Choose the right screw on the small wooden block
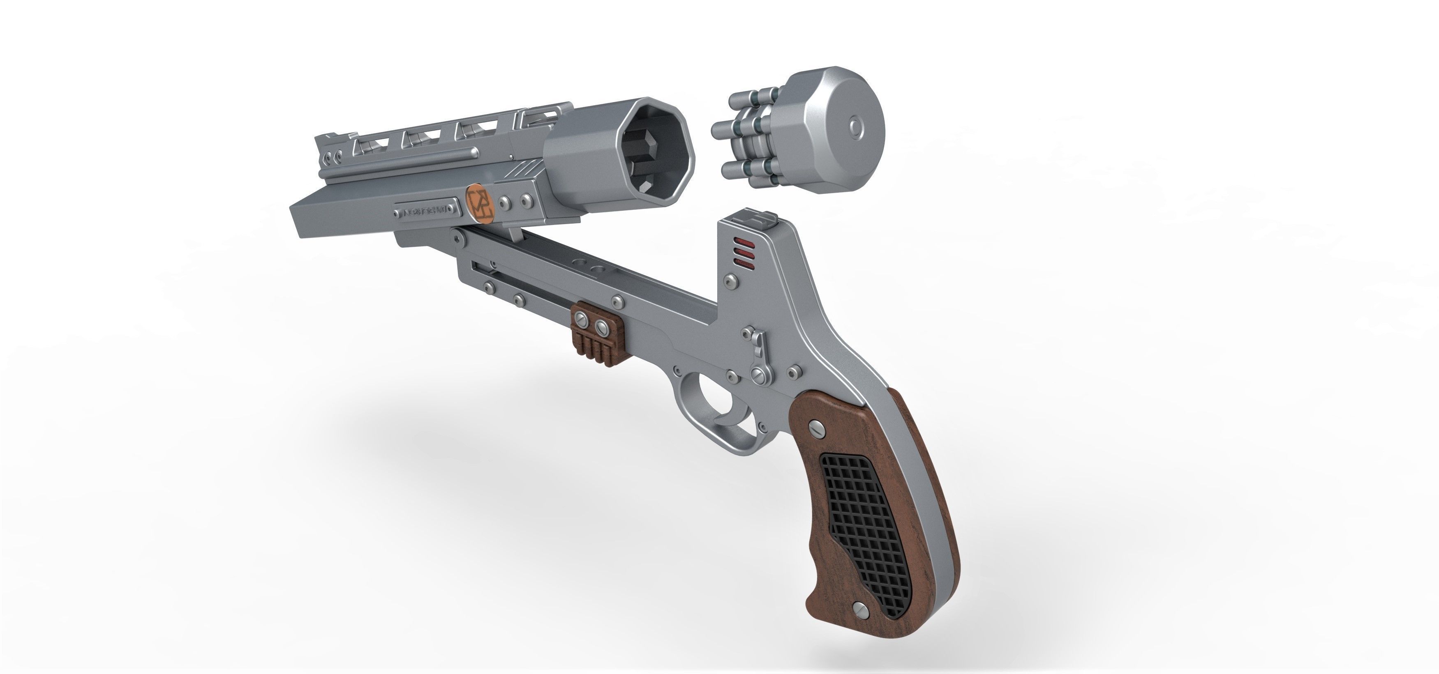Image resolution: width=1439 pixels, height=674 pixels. coord(602,327)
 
